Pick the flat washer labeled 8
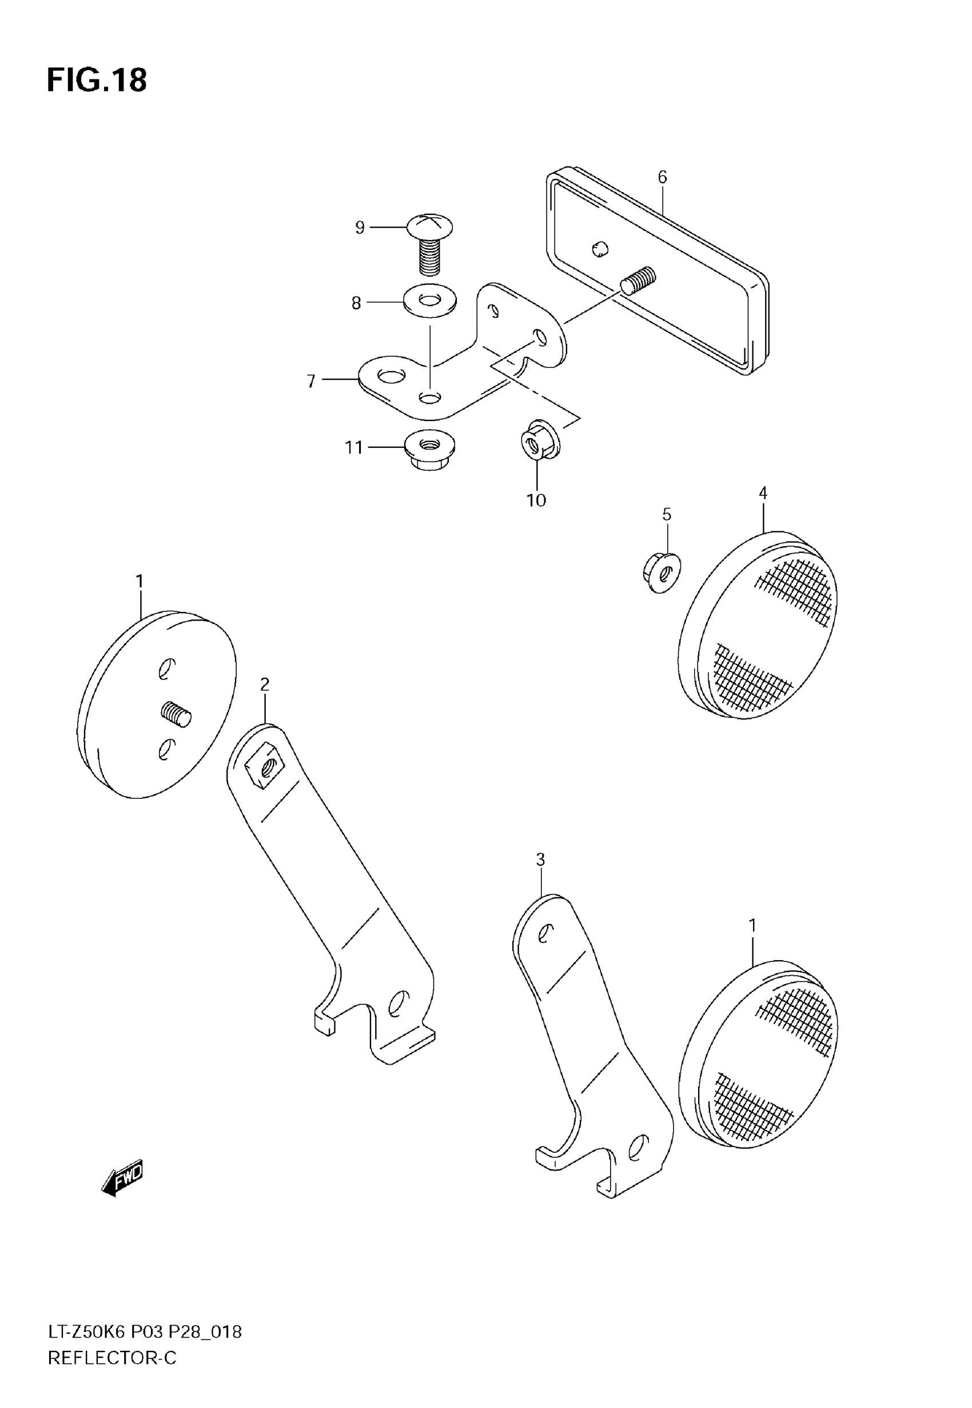pos(430,300)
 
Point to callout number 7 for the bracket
pos(311,381)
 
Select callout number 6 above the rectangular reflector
pos(662,177)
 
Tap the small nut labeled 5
pos(662,572)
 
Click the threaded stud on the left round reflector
pos(177,713)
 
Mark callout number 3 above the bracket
pos(540,860)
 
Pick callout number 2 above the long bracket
pos(264,685)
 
